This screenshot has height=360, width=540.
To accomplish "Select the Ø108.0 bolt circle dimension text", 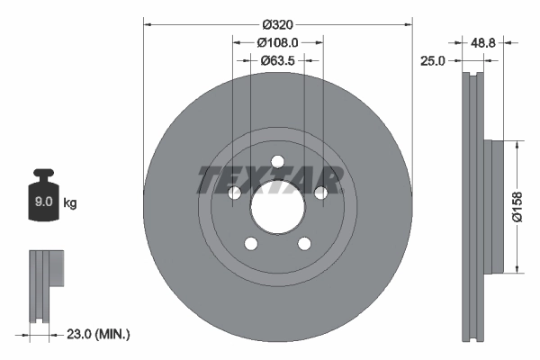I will point(277,41).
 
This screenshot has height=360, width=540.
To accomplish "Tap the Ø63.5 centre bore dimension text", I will point(277,61).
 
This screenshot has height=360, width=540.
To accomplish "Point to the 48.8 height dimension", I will point(484,41).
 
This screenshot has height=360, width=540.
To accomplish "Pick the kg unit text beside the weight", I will point(69,204).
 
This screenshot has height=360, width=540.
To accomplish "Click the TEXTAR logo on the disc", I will point(270,180).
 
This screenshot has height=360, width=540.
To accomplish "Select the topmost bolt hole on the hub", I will point(277,162).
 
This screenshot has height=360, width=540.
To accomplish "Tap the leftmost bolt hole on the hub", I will point(234,193).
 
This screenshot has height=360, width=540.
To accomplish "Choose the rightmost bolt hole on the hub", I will point(320,192).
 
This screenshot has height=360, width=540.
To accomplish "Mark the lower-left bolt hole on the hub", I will point(251,243).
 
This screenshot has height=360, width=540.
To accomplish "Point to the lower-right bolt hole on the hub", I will point(303,243).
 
